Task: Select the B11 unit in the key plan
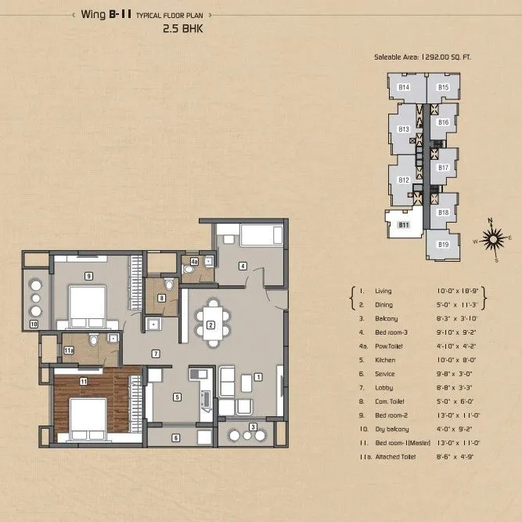click(x=404, y=225)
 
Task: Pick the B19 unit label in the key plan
click(x=443, y=245)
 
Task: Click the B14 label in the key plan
click(x=404, y=87)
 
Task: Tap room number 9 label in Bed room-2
click(x=89, y=275)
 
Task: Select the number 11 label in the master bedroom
click(x=82, y=381)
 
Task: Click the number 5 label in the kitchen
click(x=178, y=397)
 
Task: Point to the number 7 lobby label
click(x=157, y=354)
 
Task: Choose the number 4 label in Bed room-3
click(x=243, y=266)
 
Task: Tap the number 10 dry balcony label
click(x=34, y=322)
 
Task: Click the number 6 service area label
click(x=176, y=437)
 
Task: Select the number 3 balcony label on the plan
click(x=252, y=426)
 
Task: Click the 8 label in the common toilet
click(x=161, y=298)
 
